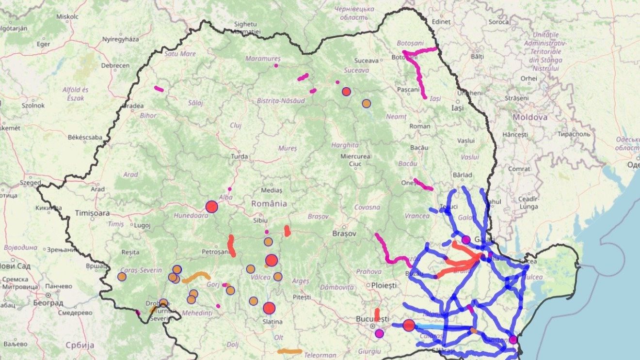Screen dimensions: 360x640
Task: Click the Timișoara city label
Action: [92, 213]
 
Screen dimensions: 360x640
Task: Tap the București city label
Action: [372, 319]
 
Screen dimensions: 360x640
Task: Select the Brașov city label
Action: [344, 234]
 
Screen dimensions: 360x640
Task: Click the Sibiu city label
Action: [260, 220]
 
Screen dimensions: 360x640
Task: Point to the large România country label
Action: [269, 203]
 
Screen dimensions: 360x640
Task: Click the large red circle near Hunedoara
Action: [211, 207]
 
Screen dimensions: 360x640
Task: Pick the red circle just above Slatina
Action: [269, 308]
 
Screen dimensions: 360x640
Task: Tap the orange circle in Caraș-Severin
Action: [122, 277]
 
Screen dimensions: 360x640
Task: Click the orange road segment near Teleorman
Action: [289, 351]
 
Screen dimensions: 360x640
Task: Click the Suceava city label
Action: [366, 61]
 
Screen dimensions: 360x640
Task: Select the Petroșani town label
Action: [215, 252]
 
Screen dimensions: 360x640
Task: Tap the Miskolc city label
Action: [67, 16]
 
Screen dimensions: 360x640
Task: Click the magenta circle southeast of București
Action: [379, 333]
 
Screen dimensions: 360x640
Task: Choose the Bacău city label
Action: [419, 147]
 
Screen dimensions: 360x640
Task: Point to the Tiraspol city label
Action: [574, 134]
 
